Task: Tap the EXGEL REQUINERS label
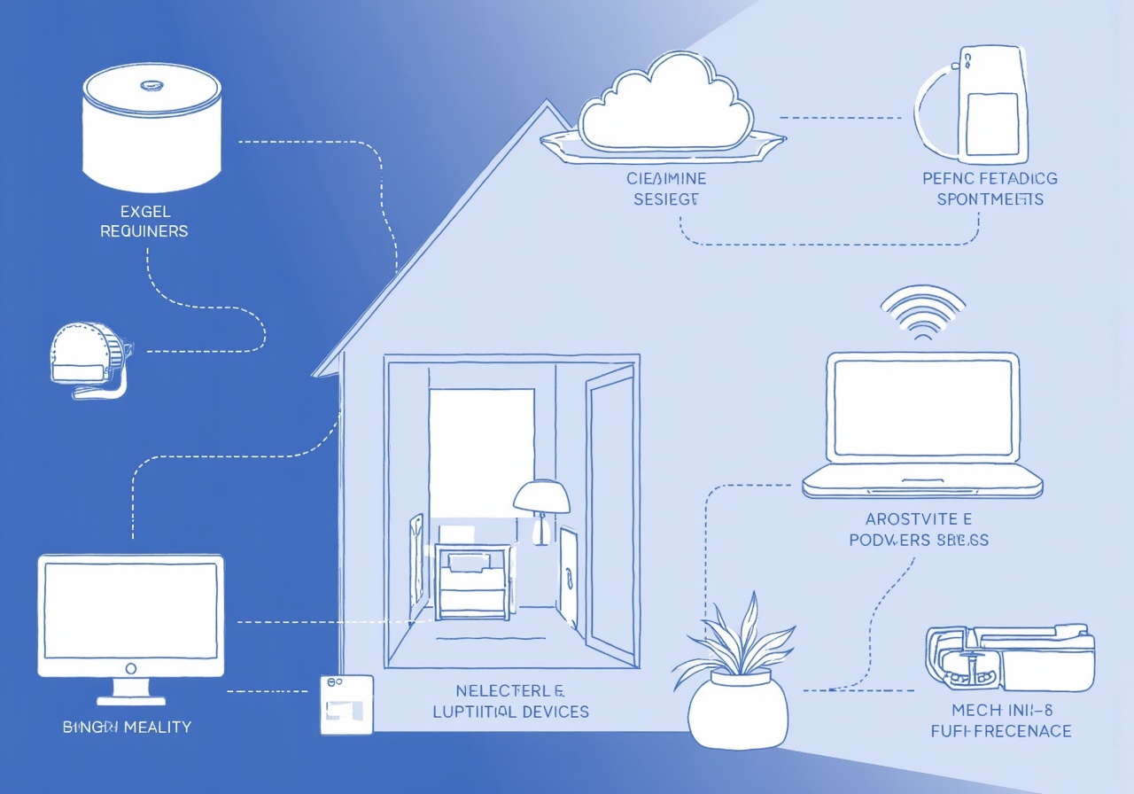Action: coord(144,221)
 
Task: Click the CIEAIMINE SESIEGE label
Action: coord(666,189)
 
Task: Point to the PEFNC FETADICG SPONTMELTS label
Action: coord(990,189)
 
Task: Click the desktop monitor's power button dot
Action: coord(130,667)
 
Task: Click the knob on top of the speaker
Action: coord(150,86)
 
